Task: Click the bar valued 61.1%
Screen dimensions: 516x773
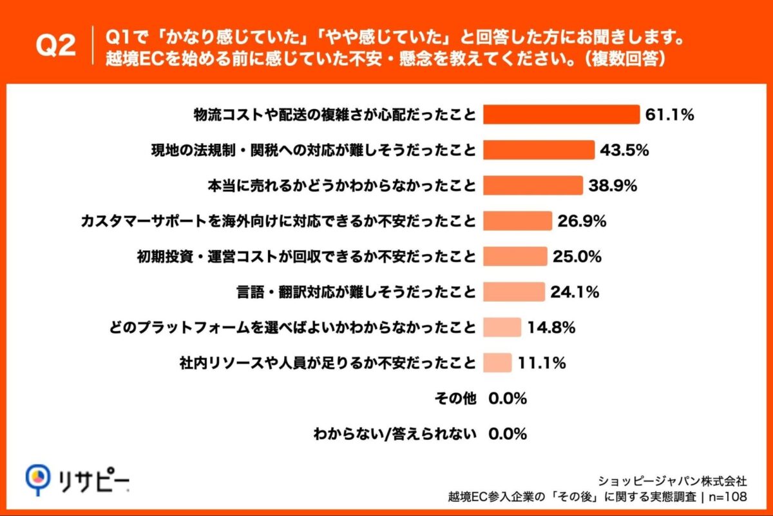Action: [x=561, y=115]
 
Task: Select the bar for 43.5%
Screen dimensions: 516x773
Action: [x=539, y=150]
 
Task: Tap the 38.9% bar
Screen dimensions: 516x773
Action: [x=533, y=186]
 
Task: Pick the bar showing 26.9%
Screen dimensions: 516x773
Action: [x=517, y=221]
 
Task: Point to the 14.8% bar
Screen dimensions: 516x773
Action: [x=502, y=328]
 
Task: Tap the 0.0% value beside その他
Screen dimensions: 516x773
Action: [x=508, y=399]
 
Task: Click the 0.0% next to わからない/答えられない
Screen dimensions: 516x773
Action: [x=508, y=434]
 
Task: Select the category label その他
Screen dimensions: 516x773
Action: [x=457, y=399]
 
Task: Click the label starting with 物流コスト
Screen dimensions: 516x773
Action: [x=335, y=115]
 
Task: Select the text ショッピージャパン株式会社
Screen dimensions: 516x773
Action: [x=673, y=481]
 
